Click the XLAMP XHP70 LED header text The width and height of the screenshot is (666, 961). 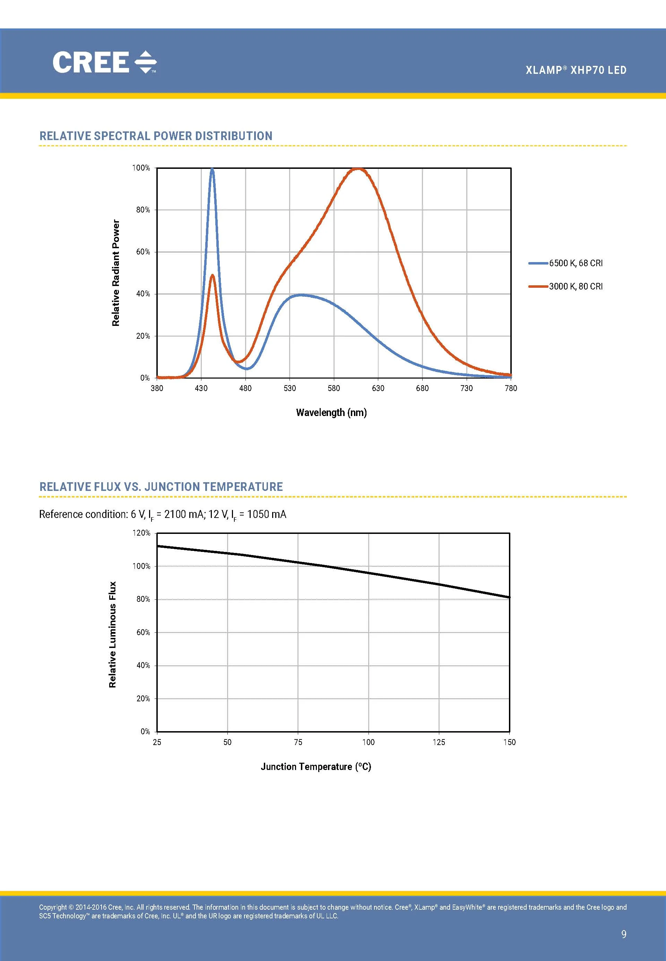tap(576, 70)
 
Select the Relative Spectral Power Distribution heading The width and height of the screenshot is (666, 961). tap(156, 136)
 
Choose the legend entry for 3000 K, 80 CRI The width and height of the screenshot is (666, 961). tap(576, 287)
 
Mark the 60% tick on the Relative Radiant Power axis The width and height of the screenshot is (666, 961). tap(143, 252)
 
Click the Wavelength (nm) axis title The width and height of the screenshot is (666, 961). tap(331, 413)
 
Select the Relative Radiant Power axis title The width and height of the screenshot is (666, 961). tap(115, 273)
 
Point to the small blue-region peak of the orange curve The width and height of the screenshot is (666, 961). tap(213, 275)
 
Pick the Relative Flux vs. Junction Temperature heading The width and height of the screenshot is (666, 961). tap(161, 487)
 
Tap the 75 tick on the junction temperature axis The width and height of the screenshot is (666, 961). tap(298, 742)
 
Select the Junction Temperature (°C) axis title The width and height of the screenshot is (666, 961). tap(316, 767)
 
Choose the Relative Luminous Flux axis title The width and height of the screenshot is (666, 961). tap(113, 635)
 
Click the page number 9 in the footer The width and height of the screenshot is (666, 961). tap(623, 934)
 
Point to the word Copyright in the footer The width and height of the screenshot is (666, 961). tap(53, 907)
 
